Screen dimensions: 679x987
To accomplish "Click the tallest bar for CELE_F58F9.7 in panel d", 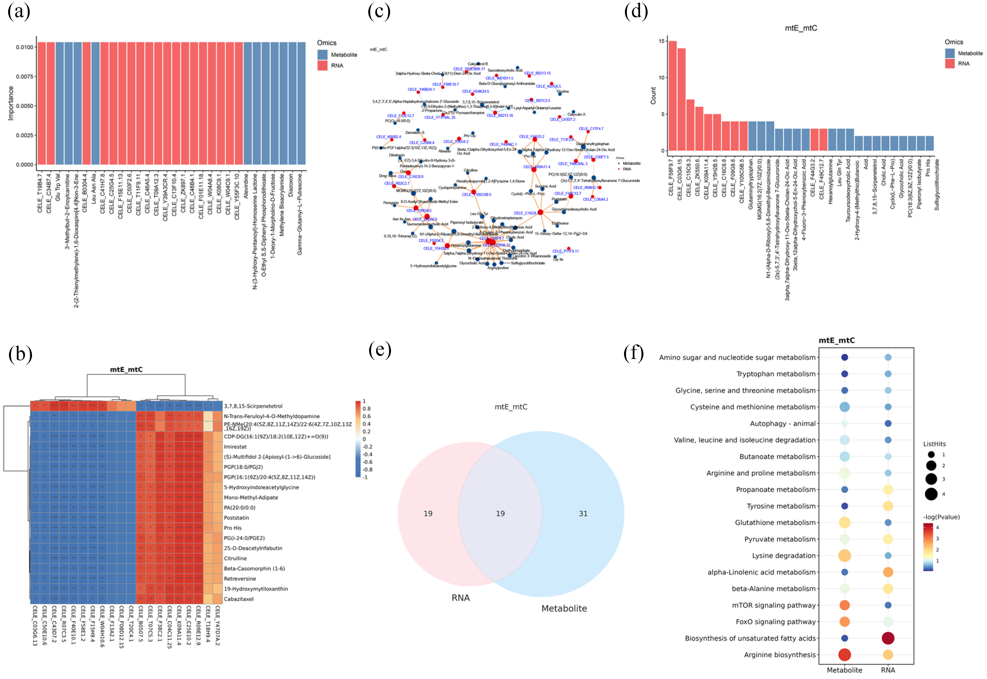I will tap(672, 96).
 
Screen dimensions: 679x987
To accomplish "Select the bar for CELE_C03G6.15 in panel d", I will tap(681, 100).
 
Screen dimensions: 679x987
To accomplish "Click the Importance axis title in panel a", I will tap(11, 103).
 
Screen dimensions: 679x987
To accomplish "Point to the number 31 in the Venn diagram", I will tap(583, 514).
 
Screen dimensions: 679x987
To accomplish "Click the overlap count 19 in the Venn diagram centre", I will tap(500, 514).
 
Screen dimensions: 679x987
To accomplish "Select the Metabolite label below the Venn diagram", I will tap(564, 608).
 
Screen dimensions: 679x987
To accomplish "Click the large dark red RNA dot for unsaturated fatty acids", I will tap(888, 638).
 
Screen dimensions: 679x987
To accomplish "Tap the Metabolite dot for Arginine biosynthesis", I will tap(845, 655).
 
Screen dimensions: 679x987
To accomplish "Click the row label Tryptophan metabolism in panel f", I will tap(776, 374).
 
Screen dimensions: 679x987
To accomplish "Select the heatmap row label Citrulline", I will tap(235, 558).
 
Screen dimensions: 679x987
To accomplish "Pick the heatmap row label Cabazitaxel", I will tap(239, 599).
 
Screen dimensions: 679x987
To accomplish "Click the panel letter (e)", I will tap(379, 350).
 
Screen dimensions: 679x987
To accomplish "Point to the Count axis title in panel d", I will tap(653, 96).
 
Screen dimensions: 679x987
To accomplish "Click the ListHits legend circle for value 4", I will tap(931, 494).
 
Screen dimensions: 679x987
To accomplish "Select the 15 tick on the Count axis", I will tap(662, 41).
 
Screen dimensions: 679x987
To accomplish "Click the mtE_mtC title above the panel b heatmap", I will tap(126, 369).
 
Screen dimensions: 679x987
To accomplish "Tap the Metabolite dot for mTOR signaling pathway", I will tap(845, 605).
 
